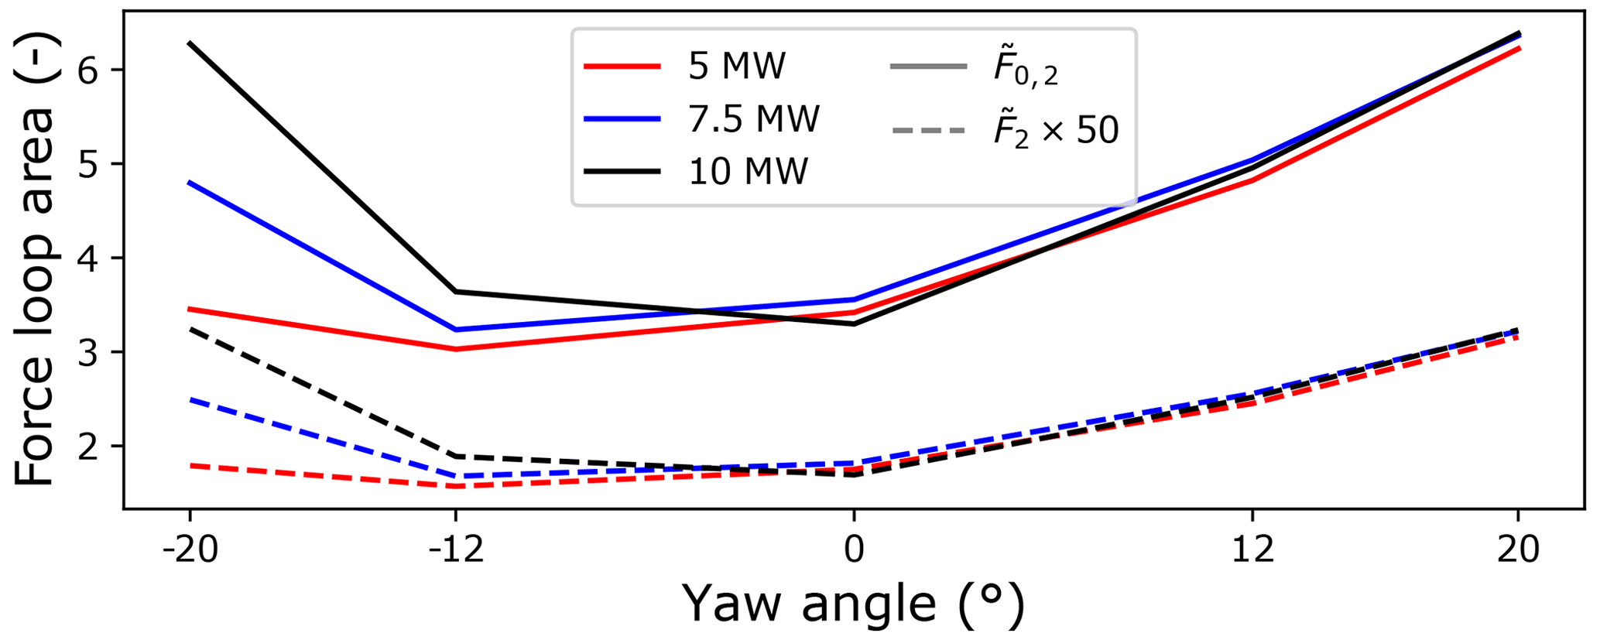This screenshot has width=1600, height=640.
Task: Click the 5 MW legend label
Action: tap(736, 67)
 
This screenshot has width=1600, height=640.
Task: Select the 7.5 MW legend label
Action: tap(753, 119)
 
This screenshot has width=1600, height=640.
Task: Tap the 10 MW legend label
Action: tap(748, 171)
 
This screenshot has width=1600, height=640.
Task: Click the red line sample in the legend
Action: tap(622, 67)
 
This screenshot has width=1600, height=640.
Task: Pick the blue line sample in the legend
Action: tap(622, 119)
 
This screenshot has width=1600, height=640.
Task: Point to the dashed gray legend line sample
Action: tap(929, 130)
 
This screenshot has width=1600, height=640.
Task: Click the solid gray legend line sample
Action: tap(929, 67)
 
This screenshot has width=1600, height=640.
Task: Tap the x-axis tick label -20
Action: tap(190, 550)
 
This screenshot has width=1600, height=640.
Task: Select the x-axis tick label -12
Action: tap(456, 550)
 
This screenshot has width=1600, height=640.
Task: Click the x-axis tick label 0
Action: tap(854, 550)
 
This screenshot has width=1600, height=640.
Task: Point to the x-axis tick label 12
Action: tap(1252, 550)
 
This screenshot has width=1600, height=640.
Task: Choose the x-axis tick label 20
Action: tap(1518, 550)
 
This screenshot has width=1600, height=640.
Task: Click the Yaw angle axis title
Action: tap(854, 604)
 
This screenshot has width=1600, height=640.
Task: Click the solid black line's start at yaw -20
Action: tap(190, 43)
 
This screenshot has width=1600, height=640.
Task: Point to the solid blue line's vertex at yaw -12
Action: tap(456, 330)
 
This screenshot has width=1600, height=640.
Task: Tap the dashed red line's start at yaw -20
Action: tap(190, 465)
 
